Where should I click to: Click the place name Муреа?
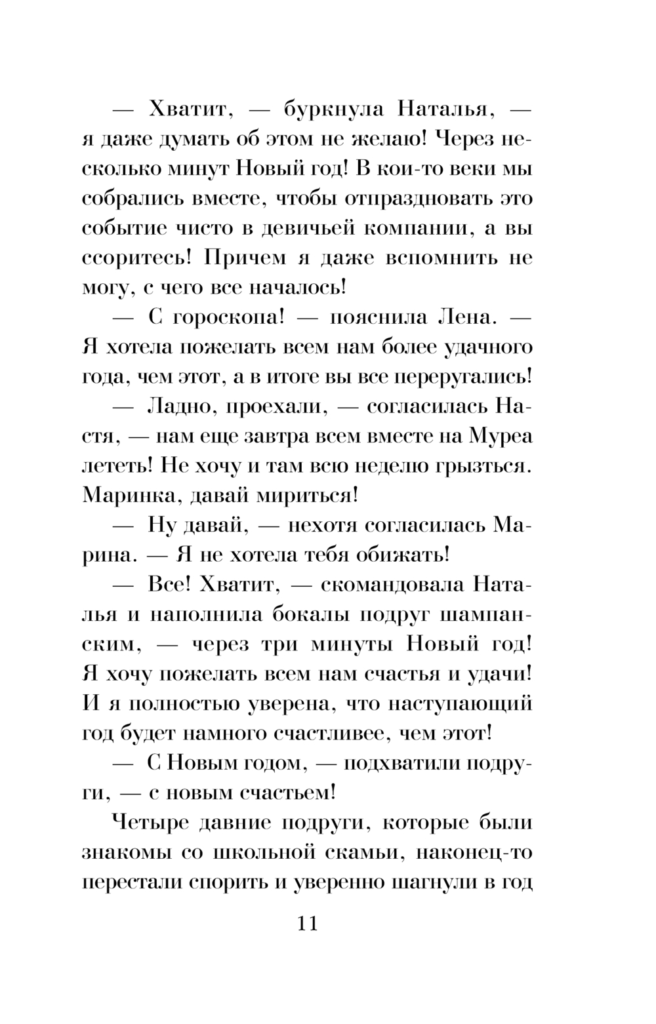point(501,436)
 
